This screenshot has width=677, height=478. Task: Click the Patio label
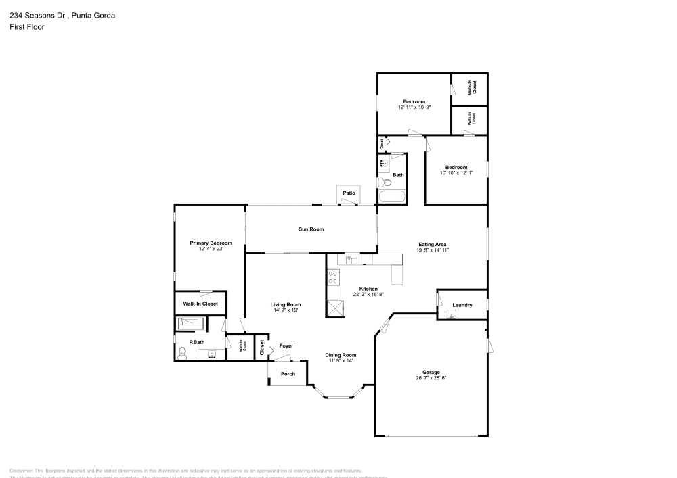(x=349, y=193)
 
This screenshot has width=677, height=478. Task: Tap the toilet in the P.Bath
(x=181, y=352)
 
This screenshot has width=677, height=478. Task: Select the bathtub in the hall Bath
(x=392, y=197)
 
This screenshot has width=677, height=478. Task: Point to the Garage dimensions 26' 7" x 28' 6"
(x=431, y=378)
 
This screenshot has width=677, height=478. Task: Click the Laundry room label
(x=462, y=305)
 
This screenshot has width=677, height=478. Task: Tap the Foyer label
(x=286, y=345)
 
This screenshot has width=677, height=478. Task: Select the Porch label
(x=288, y=373)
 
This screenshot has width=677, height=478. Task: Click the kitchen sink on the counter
(x=352, y=258)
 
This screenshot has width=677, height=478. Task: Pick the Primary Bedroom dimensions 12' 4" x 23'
(x=211, y=249)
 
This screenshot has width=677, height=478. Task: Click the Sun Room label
(x=311, y=229)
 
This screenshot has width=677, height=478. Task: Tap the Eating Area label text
(x=433, y=245)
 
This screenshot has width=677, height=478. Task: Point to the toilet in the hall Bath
(x=383, y=182)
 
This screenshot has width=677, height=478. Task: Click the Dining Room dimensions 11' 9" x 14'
(x=341, y=361)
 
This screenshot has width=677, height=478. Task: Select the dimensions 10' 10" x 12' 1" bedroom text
(x=456, y=173)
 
